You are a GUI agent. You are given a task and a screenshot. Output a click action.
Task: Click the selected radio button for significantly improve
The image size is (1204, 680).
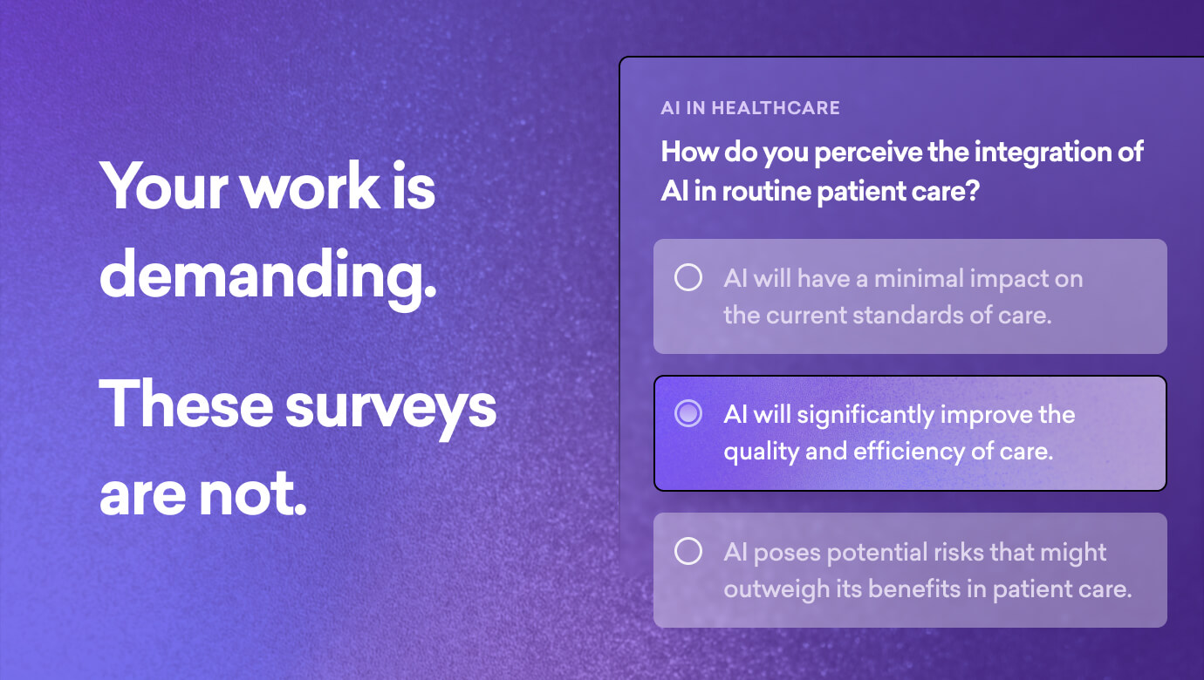688,414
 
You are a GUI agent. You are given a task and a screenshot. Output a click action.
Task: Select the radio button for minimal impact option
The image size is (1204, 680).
688,278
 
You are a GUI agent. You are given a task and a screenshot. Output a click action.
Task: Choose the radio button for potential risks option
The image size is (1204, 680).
688,551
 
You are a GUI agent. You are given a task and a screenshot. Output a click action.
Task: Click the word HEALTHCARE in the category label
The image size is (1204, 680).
776,108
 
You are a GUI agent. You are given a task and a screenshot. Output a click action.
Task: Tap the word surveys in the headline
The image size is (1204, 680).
390,406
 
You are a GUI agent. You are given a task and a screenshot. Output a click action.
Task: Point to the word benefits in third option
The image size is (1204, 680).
910,588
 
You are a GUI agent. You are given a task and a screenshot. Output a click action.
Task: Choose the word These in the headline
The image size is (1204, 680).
184,406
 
